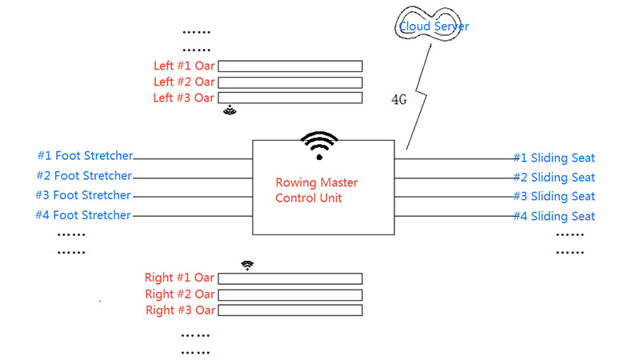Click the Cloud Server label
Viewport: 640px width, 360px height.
point(434,26)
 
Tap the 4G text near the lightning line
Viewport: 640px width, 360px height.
point(398,100)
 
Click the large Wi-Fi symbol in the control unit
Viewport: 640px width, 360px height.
point(319,145)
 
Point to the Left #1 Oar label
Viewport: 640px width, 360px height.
point(183,66)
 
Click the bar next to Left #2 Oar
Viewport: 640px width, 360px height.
point(290,82)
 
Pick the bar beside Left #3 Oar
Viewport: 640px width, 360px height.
point(290,98)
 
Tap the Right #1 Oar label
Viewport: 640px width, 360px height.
point(179,278)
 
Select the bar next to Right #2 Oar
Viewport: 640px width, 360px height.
point(290,294)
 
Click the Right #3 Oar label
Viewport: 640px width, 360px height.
point(179,310)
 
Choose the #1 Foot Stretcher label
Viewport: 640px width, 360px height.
point(85,155)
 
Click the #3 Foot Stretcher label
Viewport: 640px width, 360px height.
point(83,195)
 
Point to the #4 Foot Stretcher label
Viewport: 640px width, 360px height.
point(83,214)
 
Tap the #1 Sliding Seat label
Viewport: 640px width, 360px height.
point(554,158)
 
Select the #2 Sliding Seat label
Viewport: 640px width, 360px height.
point(554,178)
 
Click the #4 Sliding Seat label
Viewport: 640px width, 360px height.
point(554,216)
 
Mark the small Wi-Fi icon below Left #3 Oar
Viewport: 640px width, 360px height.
point(230,110)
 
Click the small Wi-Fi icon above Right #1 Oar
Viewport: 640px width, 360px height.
point(247,265)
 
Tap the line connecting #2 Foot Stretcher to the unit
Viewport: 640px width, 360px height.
point(192,178)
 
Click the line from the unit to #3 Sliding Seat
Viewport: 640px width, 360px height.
point(452,196)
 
